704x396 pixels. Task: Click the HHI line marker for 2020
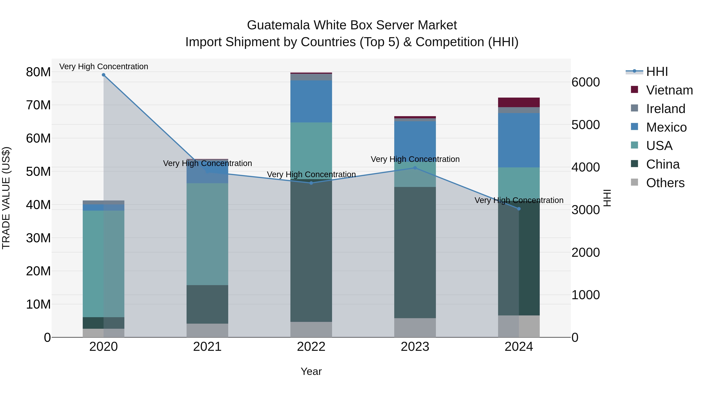point(104,75)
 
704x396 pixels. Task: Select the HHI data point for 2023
point(415,168)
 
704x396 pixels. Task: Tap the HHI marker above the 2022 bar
point(311,183)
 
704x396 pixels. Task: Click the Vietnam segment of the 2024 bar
point(519,102)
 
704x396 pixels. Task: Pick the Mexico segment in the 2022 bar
point(311,101)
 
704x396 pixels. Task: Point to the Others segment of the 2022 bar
point(311,329)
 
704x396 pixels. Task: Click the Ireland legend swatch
point(634,108)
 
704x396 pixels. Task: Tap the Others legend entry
point(665,183)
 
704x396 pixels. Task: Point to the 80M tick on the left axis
point(38,72)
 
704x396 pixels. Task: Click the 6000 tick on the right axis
point(585,82)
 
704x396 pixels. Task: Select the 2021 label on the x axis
point(207,347)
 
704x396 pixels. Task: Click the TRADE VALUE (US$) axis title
point(6,198)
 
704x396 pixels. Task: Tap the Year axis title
point(311,371)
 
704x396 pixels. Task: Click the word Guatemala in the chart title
point(278,25)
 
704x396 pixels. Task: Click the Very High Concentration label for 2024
point(519,200)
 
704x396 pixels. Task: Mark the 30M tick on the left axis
point(38,238)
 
